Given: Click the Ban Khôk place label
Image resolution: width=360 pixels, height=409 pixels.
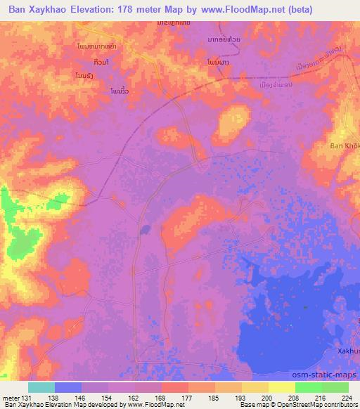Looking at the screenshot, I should pos(345,146).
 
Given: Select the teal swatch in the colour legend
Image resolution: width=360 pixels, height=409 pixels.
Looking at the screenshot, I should pos(41,387).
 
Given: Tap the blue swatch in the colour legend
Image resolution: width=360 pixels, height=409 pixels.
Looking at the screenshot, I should pos(68,387).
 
